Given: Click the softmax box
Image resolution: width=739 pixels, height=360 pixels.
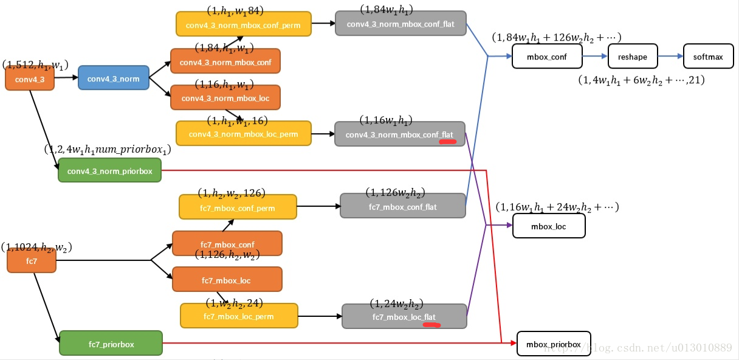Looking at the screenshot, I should [x=708, y=57].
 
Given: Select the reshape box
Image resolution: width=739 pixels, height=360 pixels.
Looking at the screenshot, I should [x=633, y=57].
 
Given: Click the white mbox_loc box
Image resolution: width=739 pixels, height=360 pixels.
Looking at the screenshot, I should [x=549, y=226].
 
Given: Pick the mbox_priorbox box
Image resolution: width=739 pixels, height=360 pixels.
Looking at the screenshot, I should [x=553, y=344].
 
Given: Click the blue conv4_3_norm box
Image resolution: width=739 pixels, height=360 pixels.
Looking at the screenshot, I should [x=113, y=78].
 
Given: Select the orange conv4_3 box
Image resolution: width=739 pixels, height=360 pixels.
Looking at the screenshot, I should [x=30, y=78].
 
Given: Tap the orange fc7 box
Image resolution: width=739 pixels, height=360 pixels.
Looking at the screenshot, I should [x=32, y=261].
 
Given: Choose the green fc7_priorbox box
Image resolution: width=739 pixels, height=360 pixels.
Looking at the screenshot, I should [x=111, y=344].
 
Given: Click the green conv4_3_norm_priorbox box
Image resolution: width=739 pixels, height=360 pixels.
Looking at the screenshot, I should [x=109, y=170].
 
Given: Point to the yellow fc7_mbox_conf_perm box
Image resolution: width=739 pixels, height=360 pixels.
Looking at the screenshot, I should [x=238, y=207].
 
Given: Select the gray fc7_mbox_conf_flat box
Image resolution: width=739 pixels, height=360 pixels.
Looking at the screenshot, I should [x=402, y=206].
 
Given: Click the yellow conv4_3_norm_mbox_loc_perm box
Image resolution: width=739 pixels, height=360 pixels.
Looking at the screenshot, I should [x=243, y=134].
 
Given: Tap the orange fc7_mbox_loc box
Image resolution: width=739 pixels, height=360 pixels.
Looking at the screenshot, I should [x=227, y=280].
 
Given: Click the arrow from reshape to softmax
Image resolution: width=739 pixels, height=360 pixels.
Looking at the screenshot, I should [x=670, y=57].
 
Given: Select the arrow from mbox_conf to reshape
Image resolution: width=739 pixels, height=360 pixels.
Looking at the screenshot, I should [x=595, y=57].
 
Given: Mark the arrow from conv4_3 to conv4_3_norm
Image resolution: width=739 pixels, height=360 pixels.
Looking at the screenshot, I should [x=66, y=78].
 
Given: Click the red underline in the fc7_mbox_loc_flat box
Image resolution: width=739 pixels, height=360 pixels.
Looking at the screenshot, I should [x=431, y=325].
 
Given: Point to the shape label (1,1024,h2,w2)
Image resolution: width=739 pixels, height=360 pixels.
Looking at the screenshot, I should [x=36, y=247].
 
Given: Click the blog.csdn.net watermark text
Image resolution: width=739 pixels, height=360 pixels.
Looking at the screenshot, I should [x=638, y=348].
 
